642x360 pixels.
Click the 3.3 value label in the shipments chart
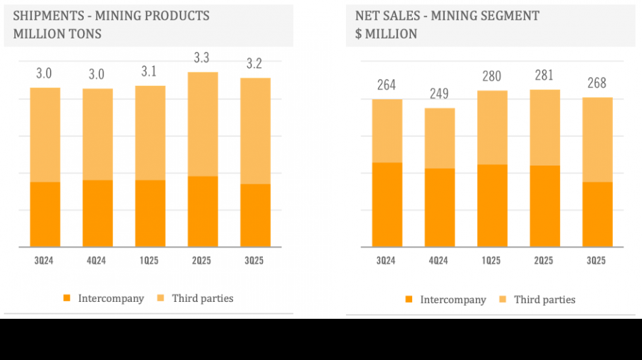pyautogui.click(x=201, y=59)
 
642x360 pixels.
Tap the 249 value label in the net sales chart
pyautogui.click(x=439, y=94)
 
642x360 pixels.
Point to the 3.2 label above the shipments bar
pyautogui.click(x=254, y=64)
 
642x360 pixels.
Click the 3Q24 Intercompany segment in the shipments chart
pyautogui.click(x=45, y=214)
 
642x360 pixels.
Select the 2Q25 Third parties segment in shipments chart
pyautogui.click(x=203, y=124)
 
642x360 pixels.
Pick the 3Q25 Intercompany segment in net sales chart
pyautogui.click(x=597, y=214)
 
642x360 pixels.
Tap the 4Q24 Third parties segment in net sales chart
pyautogui.click(x=439, y=138)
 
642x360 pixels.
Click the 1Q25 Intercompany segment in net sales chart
pyautogui.click(x=492, y=205)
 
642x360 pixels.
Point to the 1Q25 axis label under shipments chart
pyautogui.click(x=150, y=261)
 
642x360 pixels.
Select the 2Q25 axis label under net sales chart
pyautogui.click(x=544, y=261)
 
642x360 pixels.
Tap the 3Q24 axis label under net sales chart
pyautogui.click(x=387, y=261)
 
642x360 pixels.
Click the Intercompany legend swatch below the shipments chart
pyautogui.click(x=67, y=299)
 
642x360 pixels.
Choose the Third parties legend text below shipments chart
pyautogui.click(x=202, y=299)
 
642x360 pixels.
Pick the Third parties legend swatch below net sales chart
pyautogui.click(x=503, y=300)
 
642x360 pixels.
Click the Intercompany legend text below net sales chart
pyautogui.click(x=453, y=300)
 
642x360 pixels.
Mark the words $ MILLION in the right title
pyautogui.click(x=386, y=34)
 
